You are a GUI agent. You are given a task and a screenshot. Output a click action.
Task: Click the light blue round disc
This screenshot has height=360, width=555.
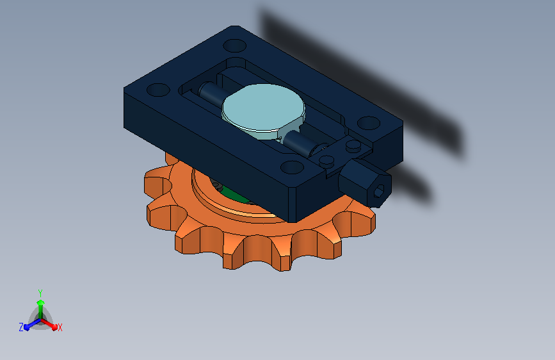263,106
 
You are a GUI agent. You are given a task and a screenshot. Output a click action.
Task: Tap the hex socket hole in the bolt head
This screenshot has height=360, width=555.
379,192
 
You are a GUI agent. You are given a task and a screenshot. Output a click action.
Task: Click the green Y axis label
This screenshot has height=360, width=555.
40,293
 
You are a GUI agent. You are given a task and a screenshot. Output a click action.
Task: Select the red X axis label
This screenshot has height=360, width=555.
60,327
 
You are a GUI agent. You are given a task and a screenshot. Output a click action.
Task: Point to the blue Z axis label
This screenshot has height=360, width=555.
21,327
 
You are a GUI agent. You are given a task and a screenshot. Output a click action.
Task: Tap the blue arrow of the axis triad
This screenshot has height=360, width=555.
32,324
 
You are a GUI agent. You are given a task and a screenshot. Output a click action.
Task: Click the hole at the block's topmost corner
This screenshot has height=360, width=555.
235,45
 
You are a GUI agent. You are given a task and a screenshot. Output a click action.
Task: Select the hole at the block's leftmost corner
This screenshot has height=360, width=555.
158,90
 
